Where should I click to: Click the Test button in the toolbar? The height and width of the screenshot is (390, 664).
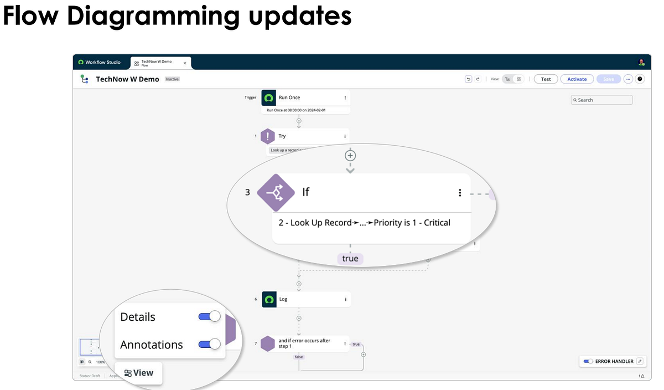(546, 79)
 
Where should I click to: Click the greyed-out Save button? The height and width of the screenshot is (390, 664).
(608, 79)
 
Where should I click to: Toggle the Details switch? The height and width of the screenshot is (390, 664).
(209, 316)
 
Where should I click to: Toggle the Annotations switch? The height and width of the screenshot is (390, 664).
(209, 344)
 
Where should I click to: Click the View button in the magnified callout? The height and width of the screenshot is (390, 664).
(139, 373)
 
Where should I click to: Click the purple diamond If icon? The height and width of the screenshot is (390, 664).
(276, 192)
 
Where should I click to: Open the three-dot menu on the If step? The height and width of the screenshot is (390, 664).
(460, 192)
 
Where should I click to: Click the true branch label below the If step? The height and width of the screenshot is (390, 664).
(350, 259)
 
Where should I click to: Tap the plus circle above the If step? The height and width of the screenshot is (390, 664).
(350, 155)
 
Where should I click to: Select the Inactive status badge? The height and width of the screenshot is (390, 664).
(172, 79)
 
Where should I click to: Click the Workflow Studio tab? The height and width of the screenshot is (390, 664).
(100, 63)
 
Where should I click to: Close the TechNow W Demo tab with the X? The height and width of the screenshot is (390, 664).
(185, 63)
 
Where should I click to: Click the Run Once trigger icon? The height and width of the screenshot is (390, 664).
(268, 97)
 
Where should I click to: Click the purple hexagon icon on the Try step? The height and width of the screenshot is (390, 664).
(268, 136)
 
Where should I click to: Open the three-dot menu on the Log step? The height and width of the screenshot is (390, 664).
(345, 299)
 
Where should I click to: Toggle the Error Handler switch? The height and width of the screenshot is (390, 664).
(588, 361)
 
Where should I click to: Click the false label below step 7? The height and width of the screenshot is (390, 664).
(299, 357)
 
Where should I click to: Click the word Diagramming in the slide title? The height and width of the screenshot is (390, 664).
(153, 16)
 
